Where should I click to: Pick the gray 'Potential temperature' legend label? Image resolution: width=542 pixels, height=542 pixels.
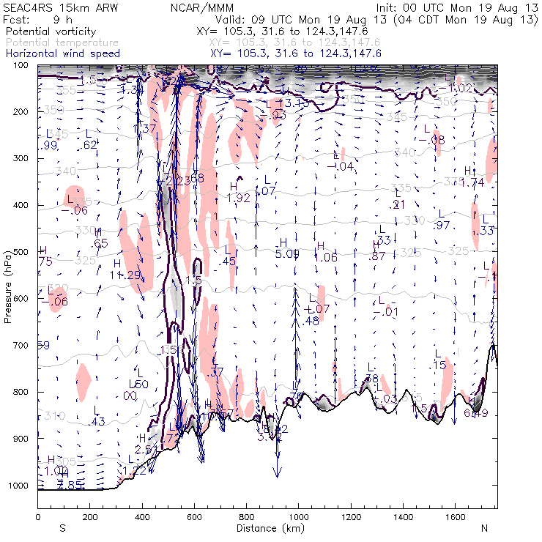(x=62, y=43)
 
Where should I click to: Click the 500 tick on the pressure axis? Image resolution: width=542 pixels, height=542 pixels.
(x=23, y=252)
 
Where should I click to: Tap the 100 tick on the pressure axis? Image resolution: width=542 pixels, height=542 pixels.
(x=23, y=65)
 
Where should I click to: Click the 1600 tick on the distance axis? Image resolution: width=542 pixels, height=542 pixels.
(x=455, y=517)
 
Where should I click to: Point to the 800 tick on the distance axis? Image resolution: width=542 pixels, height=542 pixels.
(x=246, y=517)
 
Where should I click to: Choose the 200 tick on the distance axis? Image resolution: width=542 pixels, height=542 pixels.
(x=89, y=517)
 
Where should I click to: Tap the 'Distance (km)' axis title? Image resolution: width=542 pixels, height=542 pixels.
(x=267, y=527)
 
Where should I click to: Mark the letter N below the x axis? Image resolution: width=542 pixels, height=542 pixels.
(x=484, y=527)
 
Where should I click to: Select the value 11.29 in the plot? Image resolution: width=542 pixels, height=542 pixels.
(x=125, y=275)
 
